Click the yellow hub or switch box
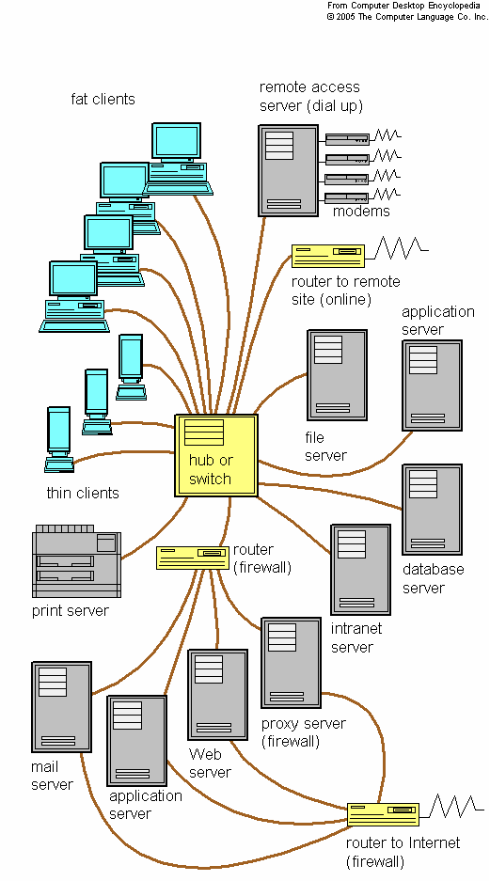(x=215, y=455)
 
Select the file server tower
(x=336, y=374)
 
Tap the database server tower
(x=432, y=509)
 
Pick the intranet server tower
(x=360, y=569)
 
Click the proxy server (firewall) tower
(x=291, y=662)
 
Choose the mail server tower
(x=61, y=706)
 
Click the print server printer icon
(x=76, y=562)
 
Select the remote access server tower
(x=288, y=170)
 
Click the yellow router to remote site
(x=327, y=256)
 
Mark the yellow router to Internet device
(x=383, y=813)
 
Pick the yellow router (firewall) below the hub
(x=192, y=558)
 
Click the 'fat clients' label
(x=103, y=99)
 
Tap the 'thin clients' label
(x=83, y=493)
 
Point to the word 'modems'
(x=361, y=212)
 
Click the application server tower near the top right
(x=432, y=385)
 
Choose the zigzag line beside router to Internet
(x=455, y=807)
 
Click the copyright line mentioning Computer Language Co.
(x=406, y=16)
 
